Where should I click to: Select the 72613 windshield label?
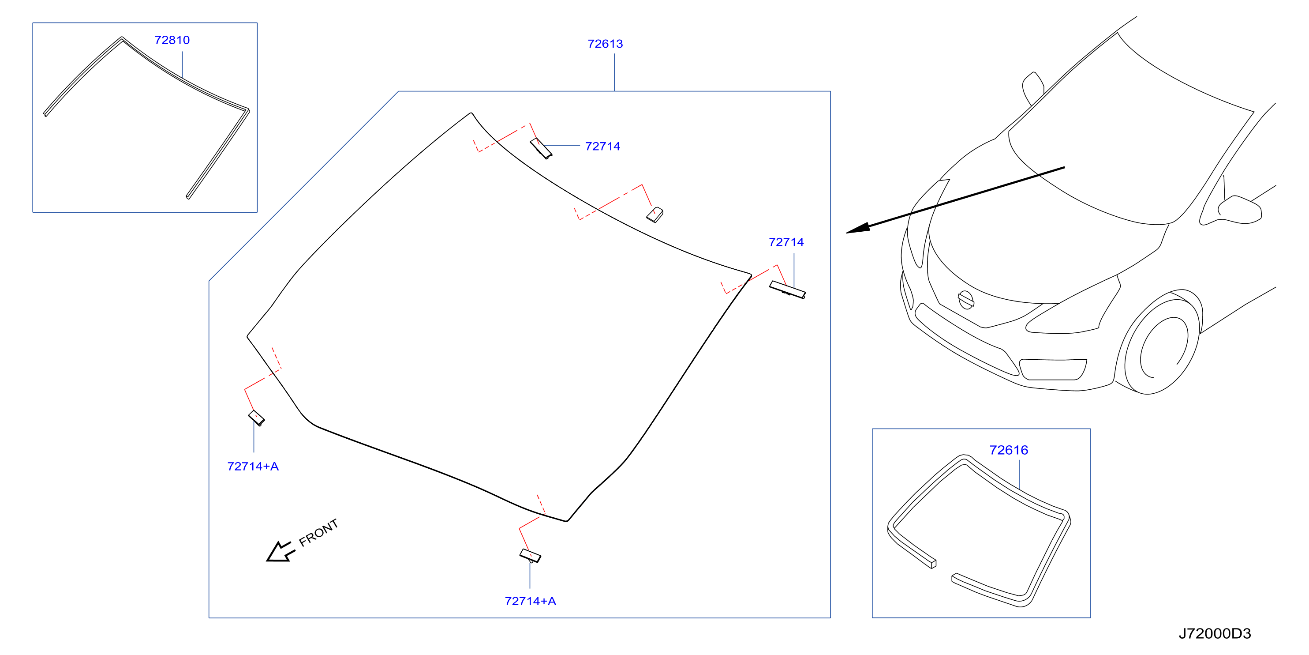click(x=605, y=44)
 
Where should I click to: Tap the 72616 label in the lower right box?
click(x=1009, y=450)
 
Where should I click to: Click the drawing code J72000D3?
click(x=1215, y=634)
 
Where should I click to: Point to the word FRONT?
click(x=318, y=532)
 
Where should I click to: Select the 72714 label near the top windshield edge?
click(x=602, y=147)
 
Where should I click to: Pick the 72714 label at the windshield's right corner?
click(x=786, y=242)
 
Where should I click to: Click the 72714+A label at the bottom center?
click(x=531, y=601)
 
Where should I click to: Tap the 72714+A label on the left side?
click(x=253, y=467)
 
